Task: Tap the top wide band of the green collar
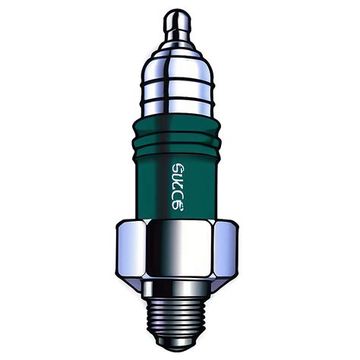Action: (180, 122)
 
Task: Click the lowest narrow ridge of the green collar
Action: (180, 144)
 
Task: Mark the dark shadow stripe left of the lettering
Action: (150, 182)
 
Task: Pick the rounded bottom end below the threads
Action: (180, 346)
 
